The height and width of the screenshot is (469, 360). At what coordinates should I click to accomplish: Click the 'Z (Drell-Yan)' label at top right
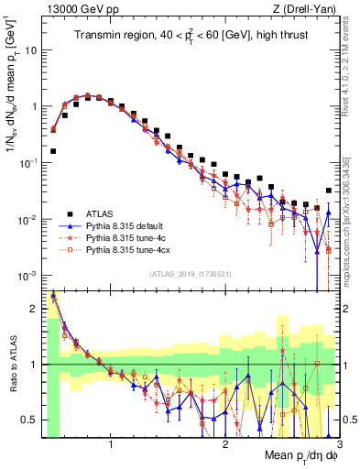click(x=309, y=8)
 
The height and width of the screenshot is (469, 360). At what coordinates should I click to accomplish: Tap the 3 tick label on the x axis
click(x=338, y=448)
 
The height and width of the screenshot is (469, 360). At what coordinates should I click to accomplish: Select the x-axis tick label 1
click(x=111, y=448)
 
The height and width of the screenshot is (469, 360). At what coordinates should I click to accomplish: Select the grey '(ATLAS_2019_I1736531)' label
click(x=190, y=273)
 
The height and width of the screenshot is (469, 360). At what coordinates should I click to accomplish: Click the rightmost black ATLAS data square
click(x=329, y=191)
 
